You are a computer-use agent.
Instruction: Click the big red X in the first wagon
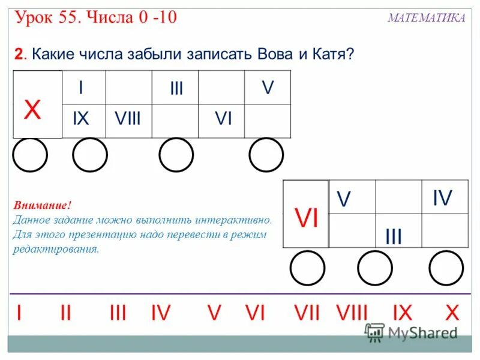(32, 110)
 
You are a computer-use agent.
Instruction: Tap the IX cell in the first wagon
(80, 119)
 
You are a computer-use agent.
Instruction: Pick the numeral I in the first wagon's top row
(81, 88)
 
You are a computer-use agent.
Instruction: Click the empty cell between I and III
(129, 87)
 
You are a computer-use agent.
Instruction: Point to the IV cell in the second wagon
(442, 197)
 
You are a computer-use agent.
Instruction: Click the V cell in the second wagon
(343, 199)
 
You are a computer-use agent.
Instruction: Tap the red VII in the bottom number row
(307, 313)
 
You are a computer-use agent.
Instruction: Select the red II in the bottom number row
(65, 313)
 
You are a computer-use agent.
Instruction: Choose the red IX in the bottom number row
(402, 313)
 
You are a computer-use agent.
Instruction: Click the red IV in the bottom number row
(161, 313)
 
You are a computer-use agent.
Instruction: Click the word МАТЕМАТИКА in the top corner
(426, 18)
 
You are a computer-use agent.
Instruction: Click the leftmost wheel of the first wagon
(30, 155)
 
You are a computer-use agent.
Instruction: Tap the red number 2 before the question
(19, 55)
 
